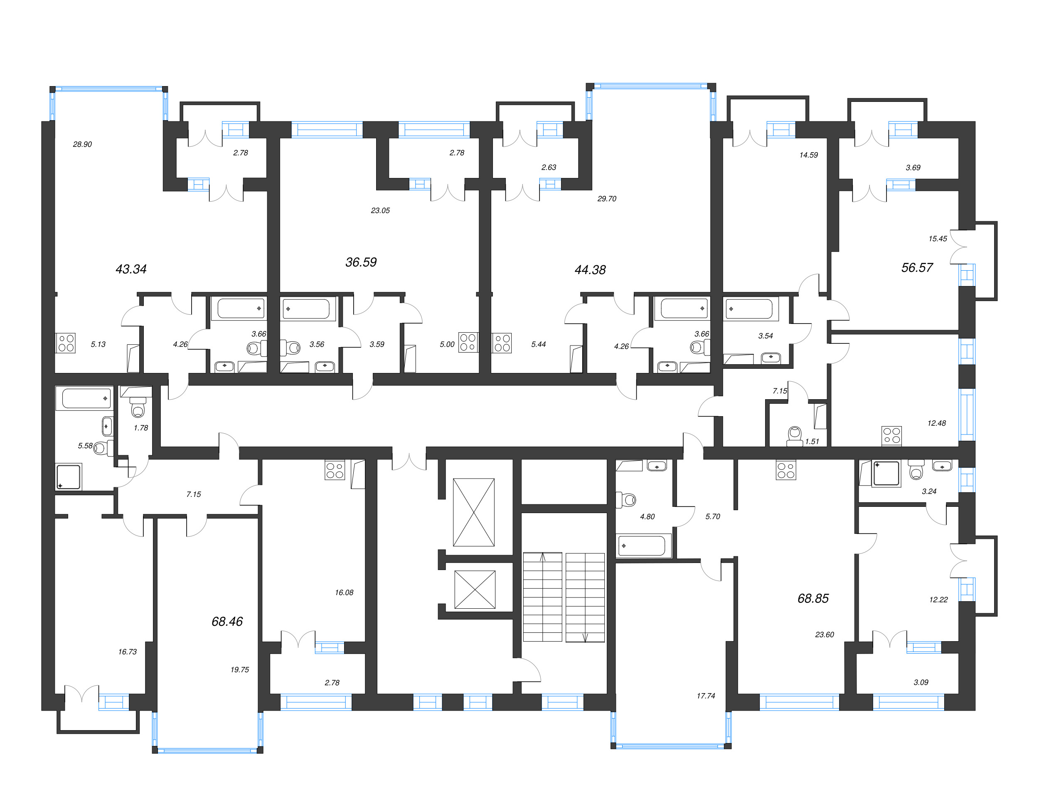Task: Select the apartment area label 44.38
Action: coord(590,270)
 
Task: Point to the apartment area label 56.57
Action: coord(916,267)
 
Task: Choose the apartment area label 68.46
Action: coord(227,621)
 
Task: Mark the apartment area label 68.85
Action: coord(813,598)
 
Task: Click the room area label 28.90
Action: coord(82,144)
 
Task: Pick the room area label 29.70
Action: coord(607,199)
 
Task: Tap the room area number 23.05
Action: coord(380,210)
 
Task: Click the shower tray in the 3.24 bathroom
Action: coord(886,473)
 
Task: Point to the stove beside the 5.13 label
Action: coord(66,343)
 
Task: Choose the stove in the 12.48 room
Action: coord(891,435)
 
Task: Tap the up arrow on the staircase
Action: coord(542,557)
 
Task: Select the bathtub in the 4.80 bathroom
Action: coord(643,546)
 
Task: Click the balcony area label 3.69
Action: coord(913,168)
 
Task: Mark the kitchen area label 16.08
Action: coord(344,593)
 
